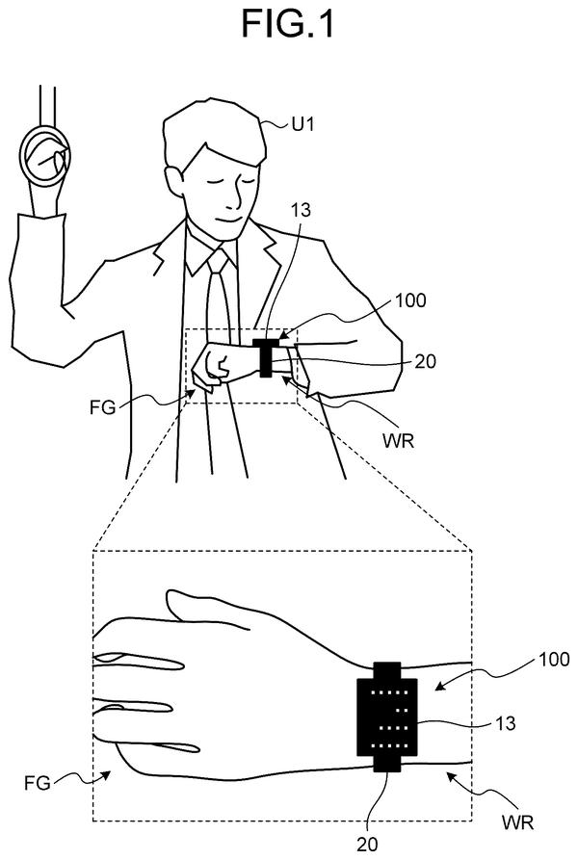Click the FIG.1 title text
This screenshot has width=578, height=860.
[288, 23]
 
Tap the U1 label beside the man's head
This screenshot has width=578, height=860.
[302, 125]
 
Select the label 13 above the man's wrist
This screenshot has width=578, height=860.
[302, 210]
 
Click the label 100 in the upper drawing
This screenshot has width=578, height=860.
[410, 300]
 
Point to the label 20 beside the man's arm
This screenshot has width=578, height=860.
[426, 361]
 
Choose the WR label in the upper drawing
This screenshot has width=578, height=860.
[399, 441]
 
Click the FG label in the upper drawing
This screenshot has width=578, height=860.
[102, 407]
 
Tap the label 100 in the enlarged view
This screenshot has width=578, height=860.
[554, 659]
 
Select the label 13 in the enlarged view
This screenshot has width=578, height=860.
[505, 723]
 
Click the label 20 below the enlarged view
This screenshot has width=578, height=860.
[367, 844]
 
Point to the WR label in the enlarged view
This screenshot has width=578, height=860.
[517, 822]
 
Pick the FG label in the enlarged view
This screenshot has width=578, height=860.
[38, 782]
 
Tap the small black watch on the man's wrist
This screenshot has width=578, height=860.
[266, 357]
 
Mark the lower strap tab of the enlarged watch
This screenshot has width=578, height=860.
[388, 764]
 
